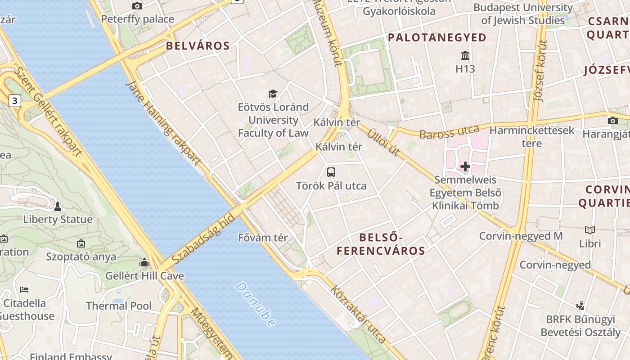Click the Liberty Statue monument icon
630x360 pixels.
point(57,207)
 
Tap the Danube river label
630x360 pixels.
point(255,304)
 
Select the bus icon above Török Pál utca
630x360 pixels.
point(331,172)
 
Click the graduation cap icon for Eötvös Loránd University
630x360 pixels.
point(273,94)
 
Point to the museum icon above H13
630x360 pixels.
point(465,56)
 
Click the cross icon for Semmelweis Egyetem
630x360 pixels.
point(465,167)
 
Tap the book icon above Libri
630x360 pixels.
point(590,230)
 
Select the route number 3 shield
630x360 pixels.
point(15,101)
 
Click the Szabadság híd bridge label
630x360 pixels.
point(203,239)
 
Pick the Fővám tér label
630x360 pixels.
point(263,238)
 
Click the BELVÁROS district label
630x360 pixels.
point(198,45)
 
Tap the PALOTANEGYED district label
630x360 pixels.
point(437,37)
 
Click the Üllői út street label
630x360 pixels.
point(382,142)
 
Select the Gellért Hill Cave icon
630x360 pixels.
point(144,262)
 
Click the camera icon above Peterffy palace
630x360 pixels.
point(137,6)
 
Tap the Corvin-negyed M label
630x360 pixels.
point(521,236)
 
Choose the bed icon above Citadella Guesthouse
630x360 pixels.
point(24,289)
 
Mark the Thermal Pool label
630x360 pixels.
point(119,306)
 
